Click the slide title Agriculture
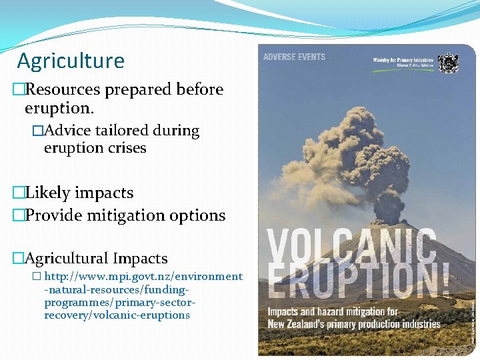[71, 61]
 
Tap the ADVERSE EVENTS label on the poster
[294, 57]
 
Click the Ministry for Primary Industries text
[403, 61]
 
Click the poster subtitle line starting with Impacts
[333, 312]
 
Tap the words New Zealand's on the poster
[298, 324]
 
